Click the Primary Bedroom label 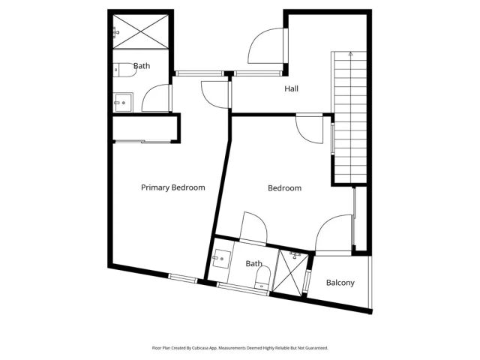pyautogui.click(x=172, y=187)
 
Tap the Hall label pyautogui.click(x=291, y=89)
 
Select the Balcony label pyautogui.click(x=340, y=283)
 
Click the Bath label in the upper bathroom pyautogui.click(x=141, y=66)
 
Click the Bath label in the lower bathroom pyautogui.click(x=253, y=263)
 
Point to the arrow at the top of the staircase pyautogui.click(x=349, y=53)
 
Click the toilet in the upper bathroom pyautogui.click(x=120, y=70)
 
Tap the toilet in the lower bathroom pyautogui.click(x=260, y=281)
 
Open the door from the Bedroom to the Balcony pyautogui.click(x=333, y=232)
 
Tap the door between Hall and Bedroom pyautogui.click(x=309, y=128)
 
